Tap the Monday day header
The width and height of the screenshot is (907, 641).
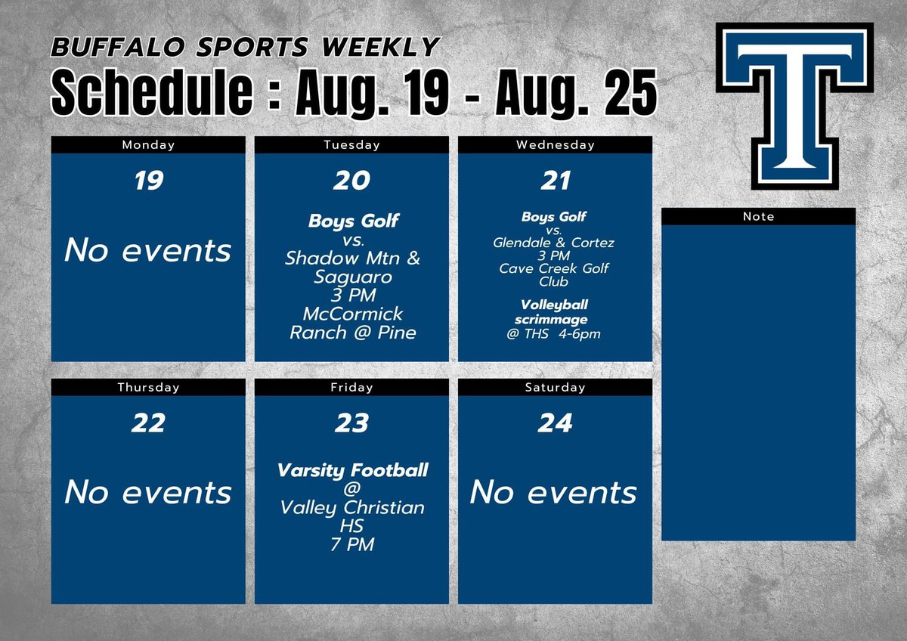[x=148, y=145]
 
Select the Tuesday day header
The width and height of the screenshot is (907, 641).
[x=351, y=145]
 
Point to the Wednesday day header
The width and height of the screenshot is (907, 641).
[x=555, y=145]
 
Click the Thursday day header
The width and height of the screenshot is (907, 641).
[x=148, y=388]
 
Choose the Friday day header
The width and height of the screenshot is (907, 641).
[x=351, y=388]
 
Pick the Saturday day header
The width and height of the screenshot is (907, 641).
[x=555, y=388]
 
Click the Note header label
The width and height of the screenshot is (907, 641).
[x=758, y=217]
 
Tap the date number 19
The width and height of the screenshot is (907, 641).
[x=148, y=181]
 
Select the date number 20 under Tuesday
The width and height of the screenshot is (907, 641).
[x=351, y=181]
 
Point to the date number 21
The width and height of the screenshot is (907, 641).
[x=555, y=181]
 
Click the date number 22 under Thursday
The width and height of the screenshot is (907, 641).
[x=148, y=423]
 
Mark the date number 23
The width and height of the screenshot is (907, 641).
[x=351, y=423]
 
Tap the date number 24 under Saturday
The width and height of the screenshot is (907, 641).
[x=555, y=423]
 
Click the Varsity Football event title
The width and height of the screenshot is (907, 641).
[x=352, y=470]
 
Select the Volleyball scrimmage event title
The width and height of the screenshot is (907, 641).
[x=554, y=312]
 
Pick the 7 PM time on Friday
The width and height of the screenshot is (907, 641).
[x=352, y=544]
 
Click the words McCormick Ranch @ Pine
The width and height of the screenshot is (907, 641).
[x=353, y=323]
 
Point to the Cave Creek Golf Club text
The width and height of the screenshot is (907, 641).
[x=554, y=275]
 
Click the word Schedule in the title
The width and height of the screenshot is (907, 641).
[x=151, y=94]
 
